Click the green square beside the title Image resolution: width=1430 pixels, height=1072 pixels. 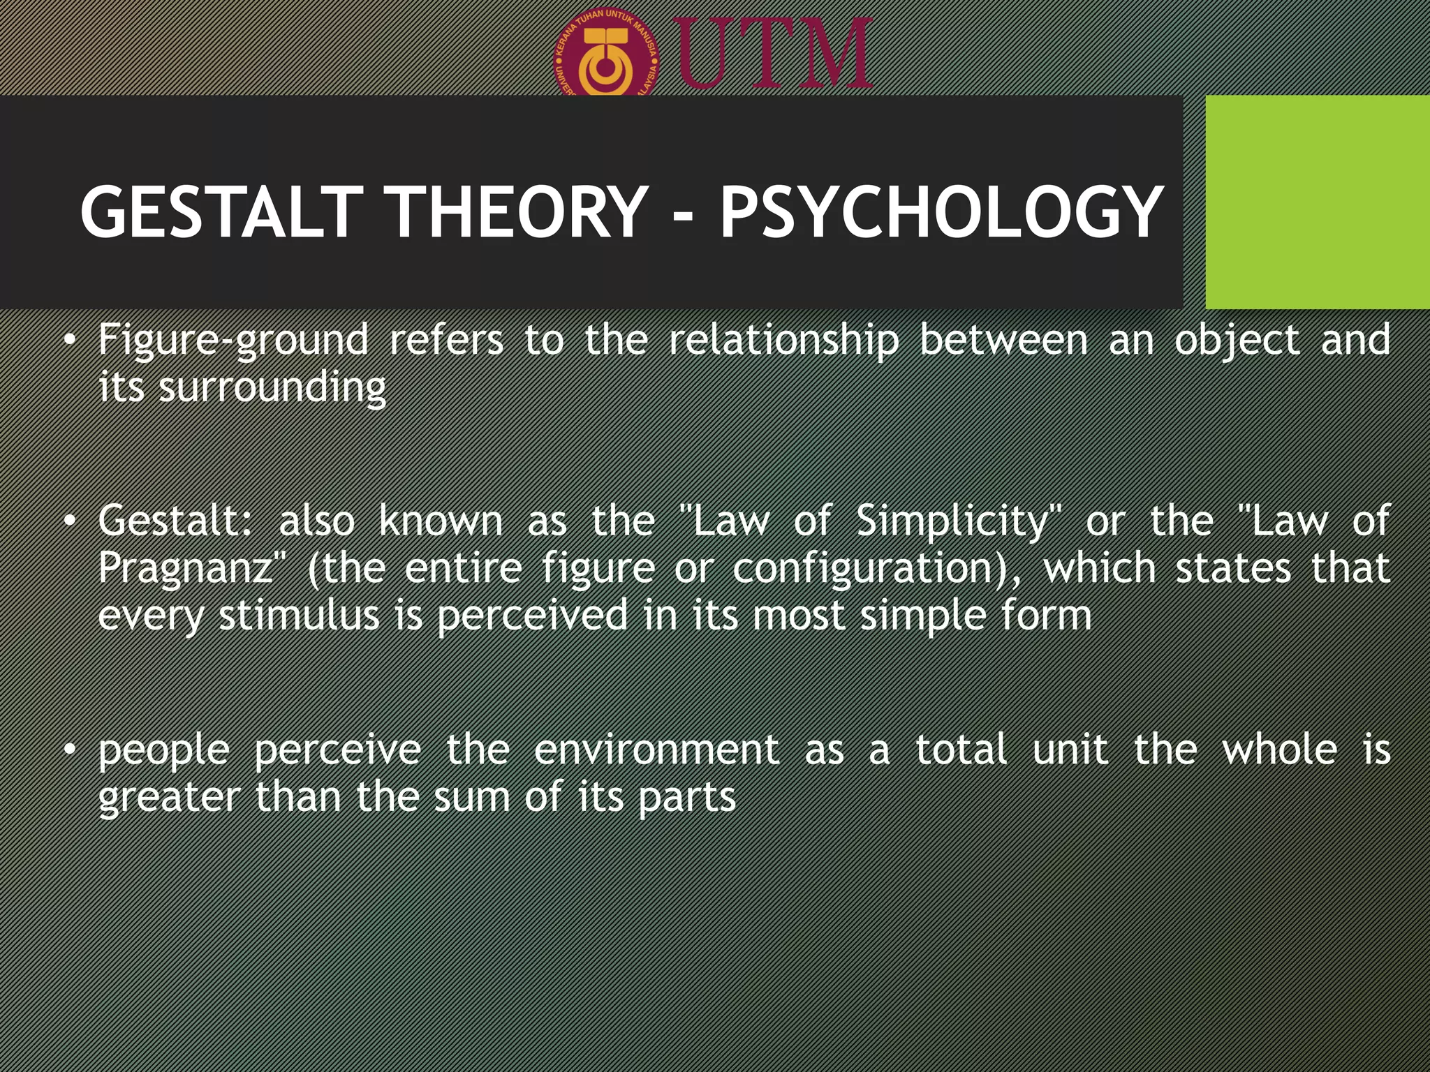tap(1317, 202)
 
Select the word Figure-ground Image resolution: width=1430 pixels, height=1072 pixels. tap(233, 341)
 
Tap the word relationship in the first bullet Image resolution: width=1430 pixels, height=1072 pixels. tap(783, 341)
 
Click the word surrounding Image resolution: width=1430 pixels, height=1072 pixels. tap(272, 387)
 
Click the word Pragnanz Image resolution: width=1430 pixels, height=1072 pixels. tap(185, 569)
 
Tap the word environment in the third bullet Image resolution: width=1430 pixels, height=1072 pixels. tap(656, 750)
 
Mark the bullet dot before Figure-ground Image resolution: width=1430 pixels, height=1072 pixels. tap(68, 341)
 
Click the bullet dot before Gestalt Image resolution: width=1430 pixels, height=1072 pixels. tap(68, 522)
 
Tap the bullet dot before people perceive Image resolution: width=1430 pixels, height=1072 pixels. tap(68, 750)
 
